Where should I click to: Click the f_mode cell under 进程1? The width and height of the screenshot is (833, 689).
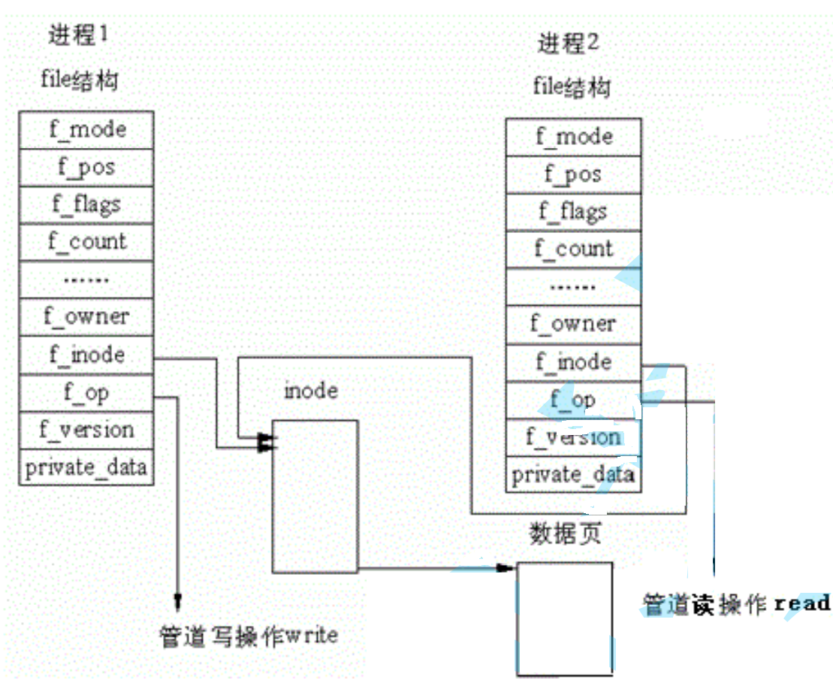pyautogui.click(x=86, y=130)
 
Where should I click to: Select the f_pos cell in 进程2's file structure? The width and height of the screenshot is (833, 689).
pyautogui.click(x=573, y=175)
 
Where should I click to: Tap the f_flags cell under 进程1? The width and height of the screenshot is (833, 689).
pyautogui.click(x=86, y=204)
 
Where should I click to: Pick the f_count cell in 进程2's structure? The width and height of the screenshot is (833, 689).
pyautogui.click(x=573, y=249)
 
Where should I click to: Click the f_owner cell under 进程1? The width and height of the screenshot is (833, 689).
pyautogui.click(x=86, y=317)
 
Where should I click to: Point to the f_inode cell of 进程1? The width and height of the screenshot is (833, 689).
pyautogui.click(x=86, y=355)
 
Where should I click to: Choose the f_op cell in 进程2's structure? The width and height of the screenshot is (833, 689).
pyautogui.click(x=573, y=400)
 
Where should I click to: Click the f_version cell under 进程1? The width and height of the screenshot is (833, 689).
pyautogui.click(x=86, y=430)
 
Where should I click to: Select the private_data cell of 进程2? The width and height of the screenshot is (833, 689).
pyautogui.click(x=573, y=475)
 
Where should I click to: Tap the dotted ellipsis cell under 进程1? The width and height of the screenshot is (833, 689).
pyautogui.click(x=86, y=280)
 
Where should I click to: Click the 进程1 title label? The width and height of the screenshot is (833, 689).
pyautogui.click(x=78, y=35)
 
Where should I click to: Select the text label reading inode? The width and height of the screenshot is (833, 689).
pyautogui.click(x=310, y=391)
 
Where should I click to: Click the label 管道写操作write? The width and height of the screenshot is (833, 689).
pyautogui.click(x=249, y=636)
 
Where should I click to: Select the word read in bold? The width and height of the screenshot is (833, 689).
pyautogui.click(x=801, y=603)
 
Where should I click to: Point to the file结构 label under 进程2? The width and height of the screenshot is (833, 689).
pyautogui.click(x=571, y=87)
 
